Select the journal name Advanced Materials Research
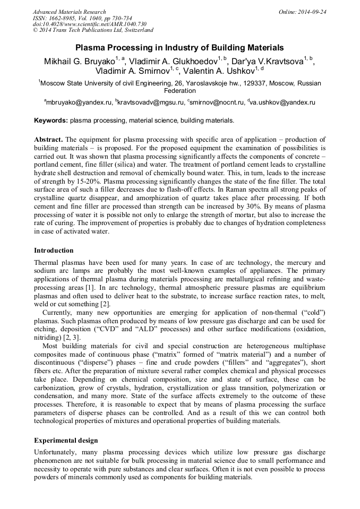[x=69, y=12]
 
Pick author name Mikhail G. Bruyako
[x=79, y=61]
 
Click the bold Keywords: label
[x=51, y=121]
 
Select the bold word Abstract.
[x=49, y=139]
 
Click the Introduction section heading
[x=54, y=250]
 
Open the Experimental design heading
[x=66, y=441]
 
